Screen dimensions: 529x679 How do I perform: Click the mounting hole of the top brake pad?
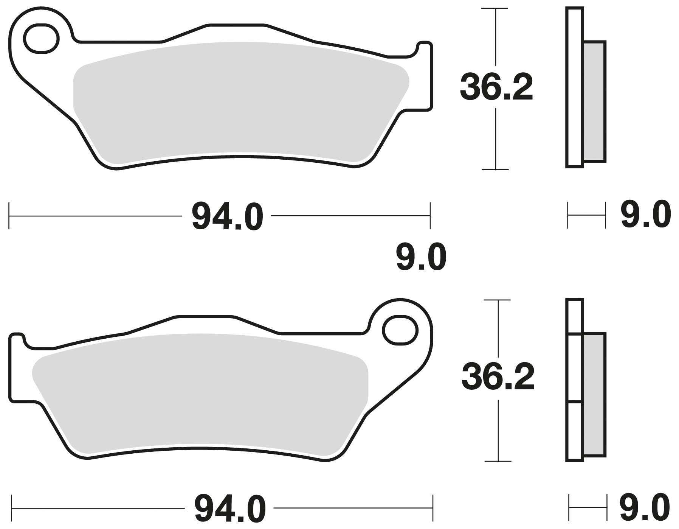click(x=41, y=38)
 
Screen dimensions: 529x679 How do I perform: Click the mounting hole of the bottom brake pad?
click(x=400, y=330)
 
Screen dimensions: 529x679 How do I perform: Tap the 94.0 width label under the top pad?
click(x=227, y=217)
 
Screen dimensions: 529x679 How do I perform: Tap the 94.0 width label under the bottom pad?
click(x=230, y=508)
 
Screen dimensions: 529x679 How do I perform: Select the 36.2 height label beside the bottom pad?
click(x=498, y=378)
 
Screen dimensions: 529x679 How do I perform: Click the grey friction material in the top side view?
click(x=594, y=101)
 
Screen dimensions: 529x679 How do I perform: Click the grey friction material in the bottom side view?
click(x=594, y=395)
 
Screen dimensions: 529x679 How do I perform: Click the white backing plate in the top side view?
click(x=575, y=87)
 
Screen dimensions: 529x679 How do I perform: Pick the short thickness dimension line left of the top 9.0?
click(x=586, y=216)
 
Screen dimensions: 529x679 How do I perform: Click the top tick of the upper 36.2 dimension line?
click(x=495, y=8)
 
